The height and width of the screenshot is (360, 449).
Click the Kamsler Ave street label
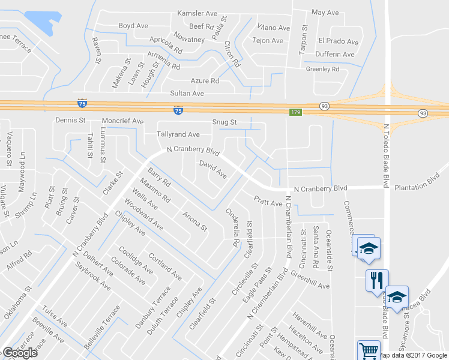coord(197,13)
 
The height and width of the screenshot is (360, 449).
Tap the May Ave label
coord(326,12)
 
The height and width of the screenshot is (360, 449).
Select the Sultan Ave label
coord(187,94)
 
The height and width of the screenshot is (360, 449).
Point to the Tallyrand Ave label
coord(178,134)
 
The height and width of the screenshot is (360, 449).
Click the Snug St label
coord(225,122)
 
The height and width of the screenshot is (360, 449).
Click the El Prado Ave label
coord(339,41)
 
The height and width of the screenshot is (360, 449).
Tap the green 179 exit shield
coord(295,112)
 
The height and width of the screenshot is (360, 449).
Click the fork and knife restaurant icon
coord(376,280)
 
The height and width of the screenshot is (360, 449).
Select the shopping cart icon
coord(368,350)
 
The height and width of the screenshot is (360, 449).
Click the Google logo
coord(20,353)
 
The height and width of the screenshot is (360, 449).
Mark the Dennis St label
coord(70,121)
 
